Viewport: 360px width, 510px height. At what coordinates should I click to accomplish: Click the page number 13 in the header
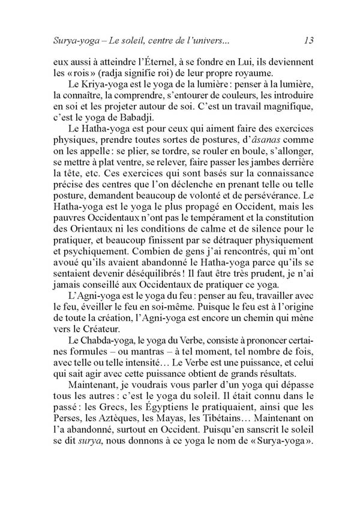click(x=310, y=41)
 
